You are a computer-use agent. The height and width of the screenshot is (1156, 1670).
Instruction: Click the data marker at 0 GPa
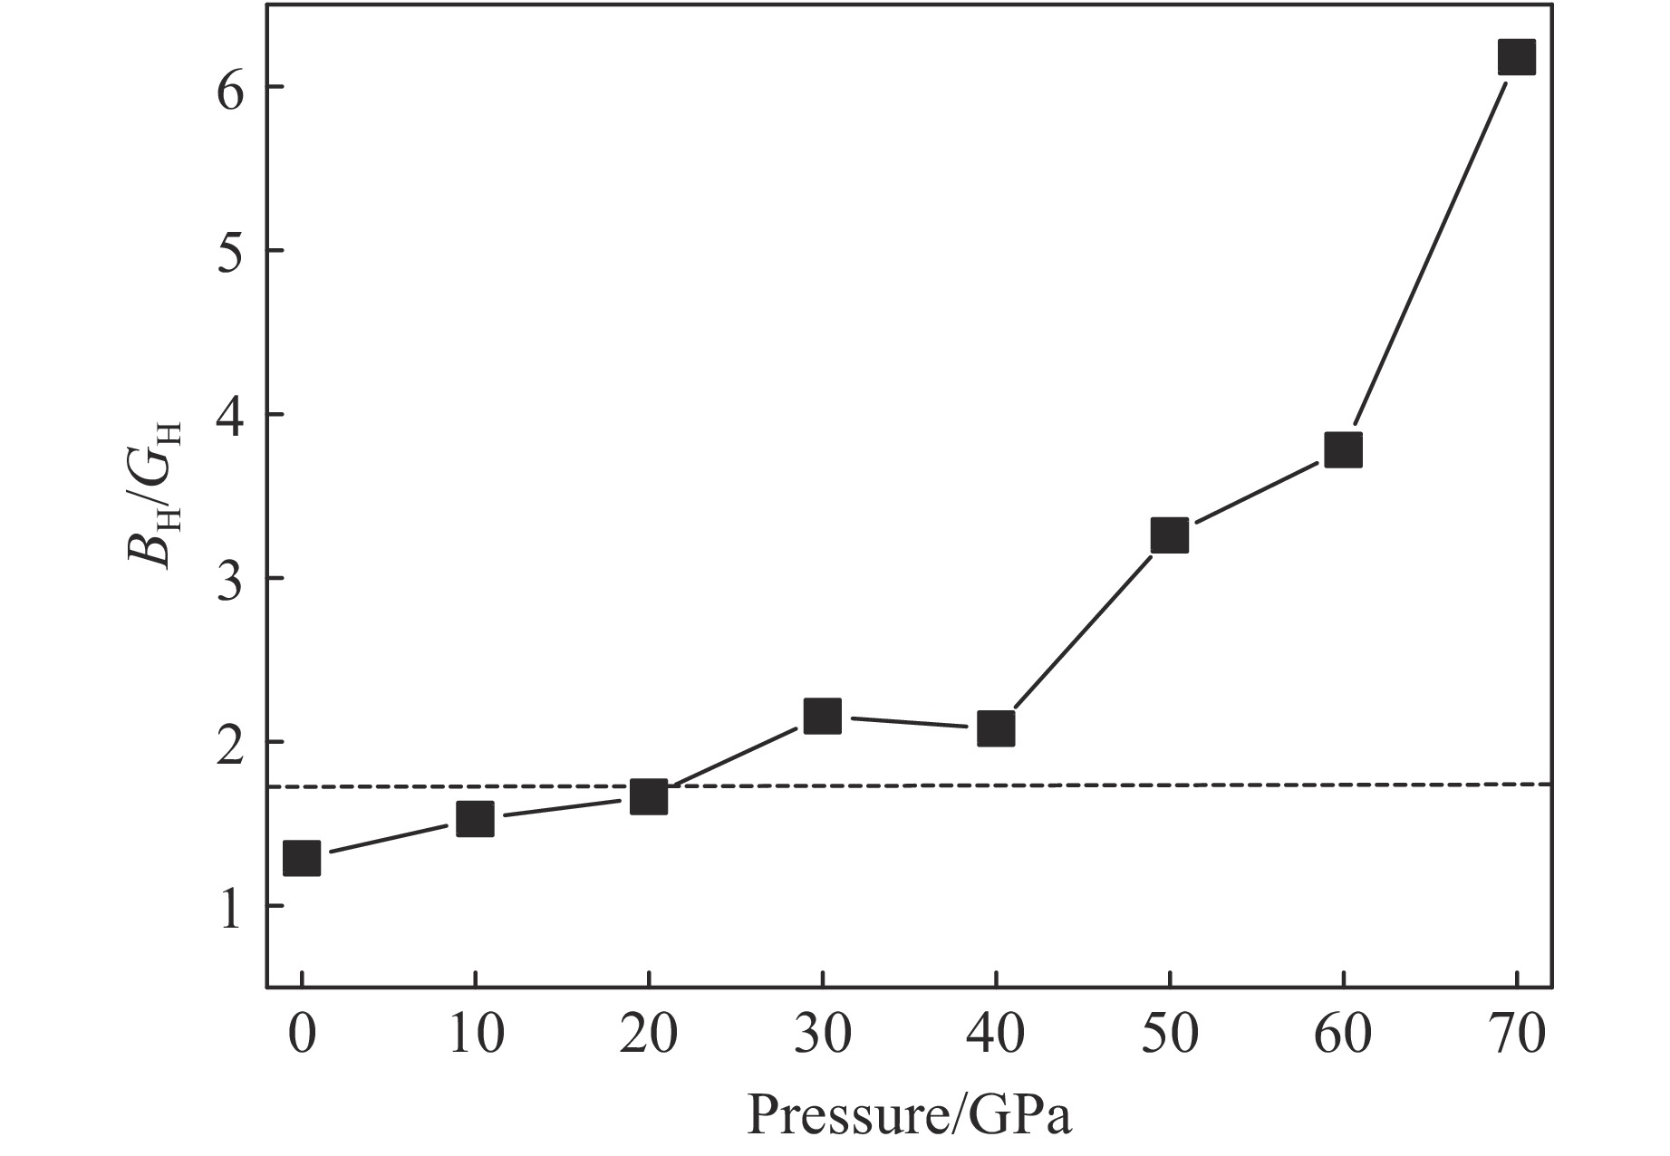pos(302,857)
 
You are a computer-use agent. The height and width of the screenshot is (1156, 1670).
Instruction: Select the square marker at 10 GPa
pos(475,819)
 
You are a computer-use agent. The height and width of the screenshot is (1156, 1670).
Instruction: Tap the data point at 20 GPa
pos(649,796)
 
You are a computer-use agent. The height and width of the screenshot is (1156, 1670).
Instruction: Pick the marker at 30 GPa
pos(822,717)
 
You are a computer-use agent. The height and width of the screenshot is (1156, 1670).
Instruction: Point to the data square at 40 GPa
pos(996,728)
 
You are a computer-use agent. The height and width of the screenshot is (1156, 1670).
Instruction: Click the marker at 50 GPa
pos(1169,535)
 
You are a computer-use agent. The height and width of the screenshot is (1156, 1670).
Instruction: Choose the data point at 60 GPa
pos(1343,449)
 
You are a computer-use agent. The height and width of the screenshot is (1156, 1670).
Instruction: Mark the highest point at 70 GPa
pos(1516,56)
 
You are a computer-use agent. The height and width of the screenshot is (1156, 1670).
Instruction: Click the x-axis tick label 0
pos(302,1036)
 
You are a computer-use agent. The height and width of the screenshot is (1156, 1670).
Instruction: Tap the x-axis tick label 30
pos(822,1036)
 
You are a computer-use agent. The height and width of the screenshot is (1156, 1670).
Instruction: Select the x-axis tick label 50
pos(1169,1036)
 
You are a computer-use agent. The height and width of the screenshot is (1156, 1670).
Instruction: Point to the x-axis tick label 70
pos(1516,1036)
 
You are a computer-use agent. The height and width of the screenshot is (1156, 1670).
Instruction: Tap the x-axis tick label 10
pos(475,1036)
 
